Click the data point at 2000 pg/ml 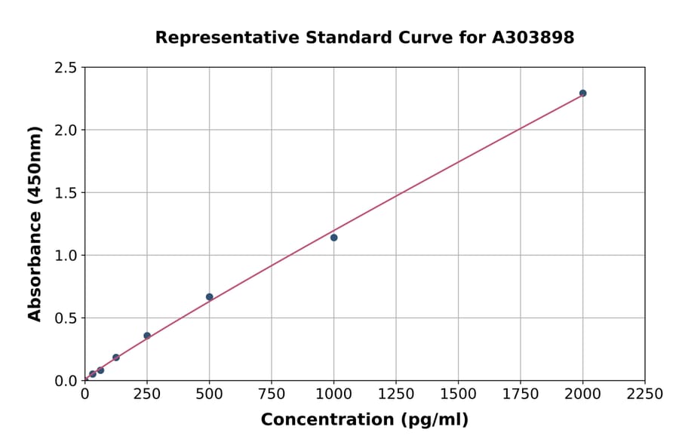point(582,94)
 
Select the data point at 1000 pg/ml point(333,238)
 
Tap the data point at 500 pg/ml point(209,297)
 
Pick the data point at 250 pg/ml point(147,336)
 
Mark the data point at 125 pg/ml point(115,357)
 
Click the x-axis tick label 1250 point(396,394)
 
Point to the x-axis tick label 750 point(272,394)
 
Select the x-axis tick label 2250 point(645,394)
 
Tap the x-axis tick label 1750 point(521,394)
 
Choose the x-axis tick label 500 point(209,394)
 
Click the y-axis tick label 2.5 point(66,68)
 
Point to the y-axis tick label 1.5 point(66,193)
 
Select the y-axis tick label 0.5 point(66,318)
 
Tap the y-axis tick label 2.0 point(66,130)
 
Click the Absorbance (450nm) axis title point(35,224)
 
